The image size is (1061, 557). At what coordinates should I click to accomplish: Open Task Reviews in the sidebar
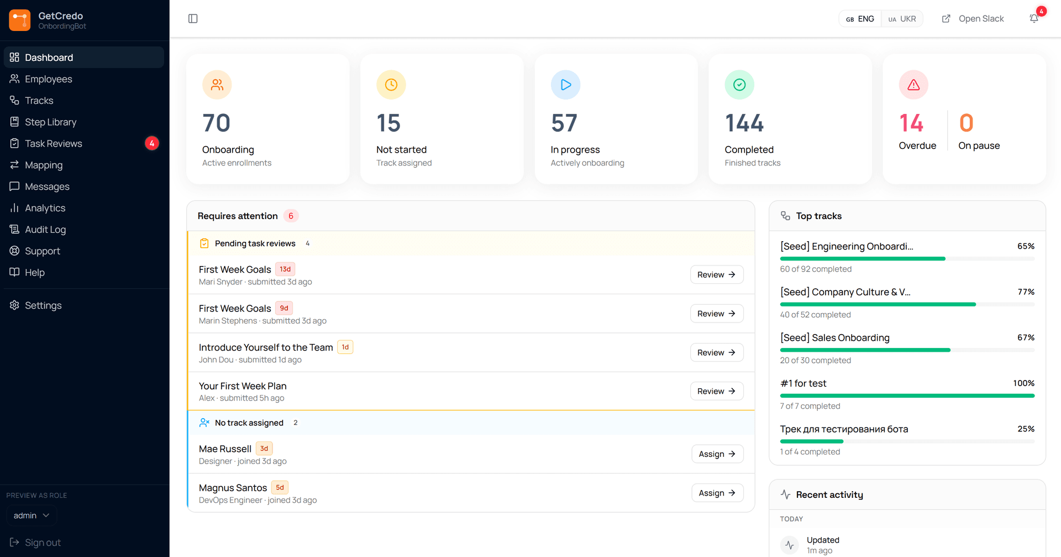coord(54,144)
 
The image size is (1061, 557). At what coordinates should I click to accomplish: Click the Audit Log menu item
coord(45,230)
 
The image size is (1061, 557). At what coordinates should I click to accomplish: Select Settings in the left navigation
coord(43,305)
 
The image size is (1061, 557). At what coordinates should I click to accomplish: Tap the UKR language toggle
coord(902,19)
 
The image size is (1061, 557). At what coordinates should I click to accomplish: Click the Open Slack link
coord(973,19)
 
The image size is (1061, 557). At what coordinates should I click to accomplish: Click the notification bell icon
coord(1034,19)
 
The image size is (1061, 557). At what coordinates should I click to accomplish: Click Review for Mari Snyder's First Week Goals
coord(717,275)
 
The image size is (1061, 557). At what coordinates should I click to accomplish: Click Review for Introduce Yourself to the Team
coord(717,353)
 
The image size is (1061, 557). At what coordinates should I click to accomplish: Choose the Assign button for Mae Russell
coord(717,454)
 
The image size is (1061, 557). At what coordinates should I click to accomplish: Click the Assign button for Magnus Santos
coord(717,493)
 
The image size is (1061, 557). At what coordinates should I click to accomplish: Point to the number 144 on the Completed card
coord(744,123)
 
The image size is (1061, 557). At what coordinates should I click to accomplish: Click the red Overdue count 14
coord(911,123)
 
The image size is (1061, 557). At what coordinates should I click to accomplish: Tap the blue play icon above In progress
coord(565,85)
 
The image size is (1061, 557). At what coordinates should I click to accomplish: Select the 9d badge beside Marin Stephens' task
coord(284,308)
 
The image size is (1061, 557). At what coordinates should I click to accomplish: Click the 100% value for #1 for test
coord(1023,383)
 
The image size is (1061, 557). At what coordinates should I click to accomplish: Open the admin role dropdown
coord(31,516)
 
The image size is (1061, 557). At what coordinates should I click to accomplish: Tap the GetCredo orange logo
coord(20,20)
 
